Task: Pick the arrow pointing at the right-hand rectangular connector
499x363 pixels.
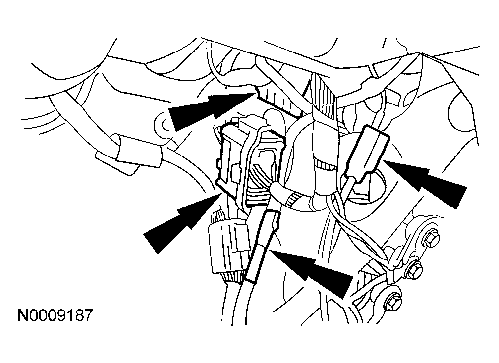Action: coord(425,181)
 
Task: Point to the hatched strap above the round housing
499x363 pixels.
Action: coord(324,96)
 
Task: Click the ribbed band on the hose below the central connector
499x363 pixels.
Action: coord(292,201)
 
